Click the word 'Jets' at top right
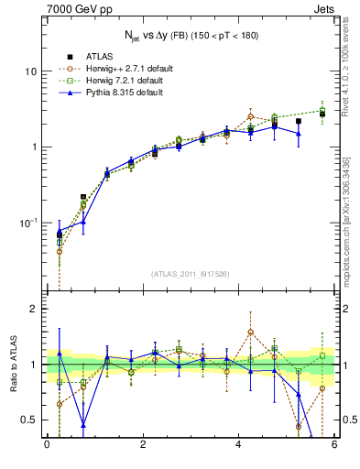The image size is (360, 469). coord(325,9)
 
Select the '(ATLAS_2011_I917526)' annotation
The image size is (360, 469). coord(191,274)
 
